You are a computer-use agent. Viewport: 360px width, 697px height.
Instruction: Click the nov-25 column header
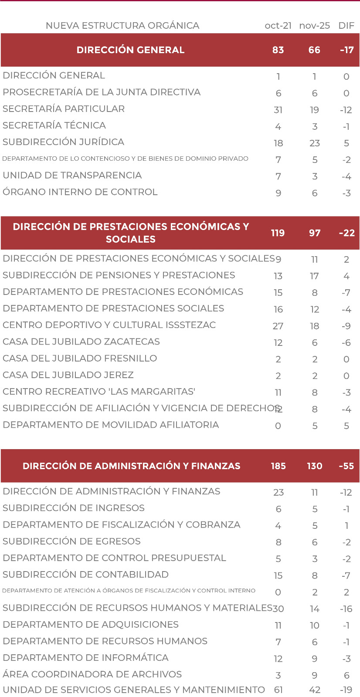[x=314, y=26]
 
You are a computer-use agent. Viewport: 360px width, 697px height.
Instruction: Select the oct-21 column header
[x=278, y=26]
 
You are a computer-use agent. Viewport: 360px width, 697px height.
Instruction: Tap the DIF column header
[x=346, y=26]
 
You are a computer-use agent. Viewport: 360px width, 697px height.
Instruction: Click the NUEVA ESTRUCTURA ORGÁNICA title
[x=122, y=26]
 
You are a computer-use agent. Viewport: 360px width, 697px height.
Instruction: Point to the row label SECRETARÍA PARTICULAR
[x=64, y=109]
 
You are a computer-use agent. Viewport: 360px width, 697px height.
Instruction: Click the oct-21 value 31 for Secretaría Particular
[x=278, y=110]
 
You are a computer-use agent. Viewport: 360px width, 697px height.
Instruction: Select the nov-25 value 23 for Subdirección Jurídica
[x=315, y=143]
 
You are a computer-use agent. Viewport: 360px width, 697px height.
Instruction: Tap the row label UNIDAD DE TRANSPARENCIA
[x=72, y=176]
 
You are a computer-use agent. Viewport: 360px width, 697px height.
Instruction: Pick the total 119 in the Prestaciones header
[x=278, y=233]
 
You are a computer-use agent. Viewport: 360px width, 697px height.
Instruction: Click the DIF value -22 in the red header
[x=347, y=233]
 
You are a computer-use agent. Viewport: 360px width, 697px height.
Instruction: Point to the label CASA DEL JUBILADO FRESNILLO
[x=80, y=359]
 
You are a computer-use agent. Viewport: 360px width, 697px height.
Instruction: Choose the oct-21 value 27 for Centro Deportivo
[x=278, y=326]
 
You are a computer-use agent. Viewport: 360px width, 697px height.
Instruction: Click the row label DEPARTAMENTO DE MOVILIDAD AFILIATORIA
[x=111, y=425]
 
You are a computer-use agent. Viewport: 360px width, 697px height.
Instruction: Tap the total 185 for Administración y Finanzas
[x=278, y=466]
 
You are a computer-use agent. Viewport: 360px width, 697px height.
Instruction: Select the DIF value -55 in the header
[x=346, y=466]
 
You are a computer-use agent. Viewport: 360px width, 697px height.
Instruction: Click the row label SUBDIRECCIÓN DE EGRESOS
[x=71, y=541]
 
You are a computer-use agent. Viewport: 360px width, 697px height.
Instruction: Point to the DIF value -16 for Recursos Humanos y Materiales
[x=346, y=609]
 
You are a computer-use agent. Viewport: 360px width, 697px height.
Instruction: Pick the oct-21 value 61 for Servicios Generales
[x=278, y=690]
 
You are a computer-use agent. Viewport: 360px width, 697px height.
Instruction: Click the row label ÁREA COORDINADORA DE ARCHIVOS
[x=92, y=674]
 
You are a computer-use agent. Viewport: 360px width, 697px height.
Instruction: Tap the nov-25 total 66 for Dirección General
[x=314, y=50]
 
